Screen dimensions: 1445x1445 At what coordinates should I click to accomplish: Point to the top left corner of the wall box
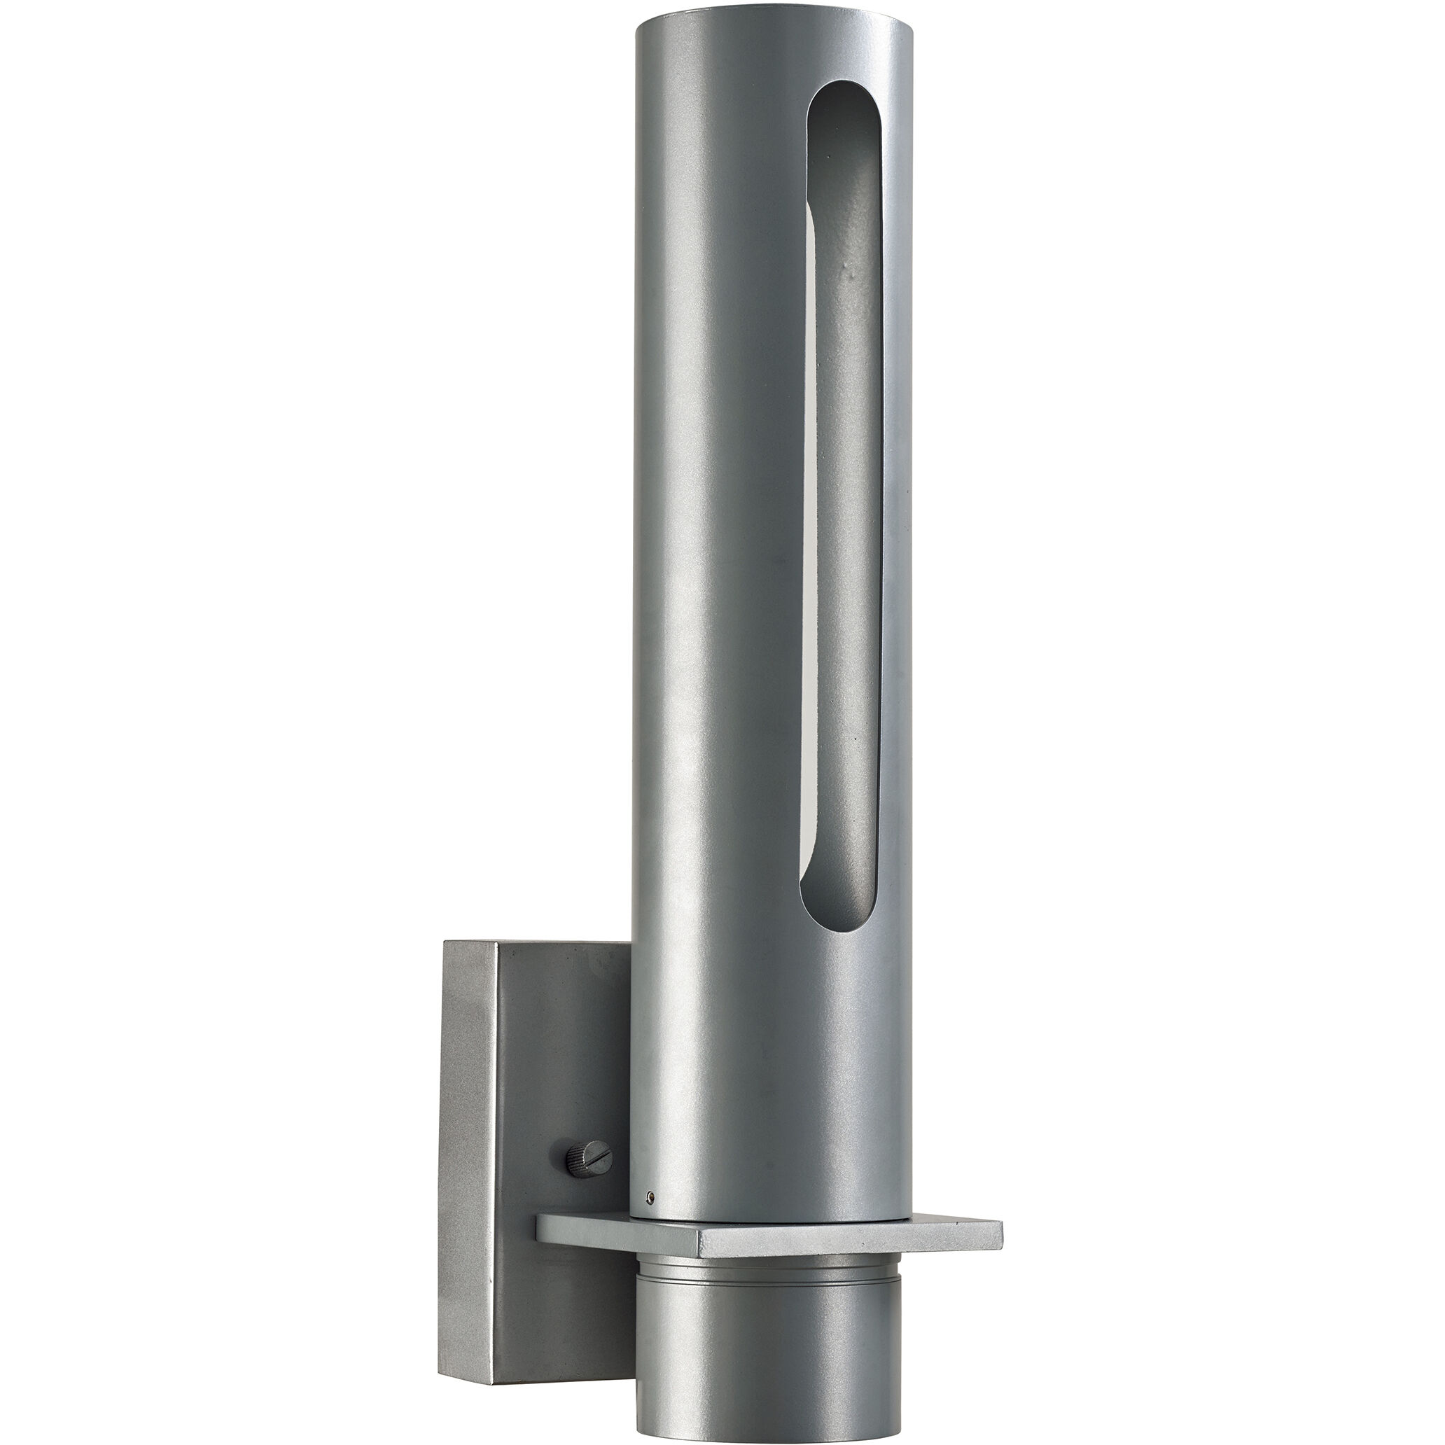coord(445,942)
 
